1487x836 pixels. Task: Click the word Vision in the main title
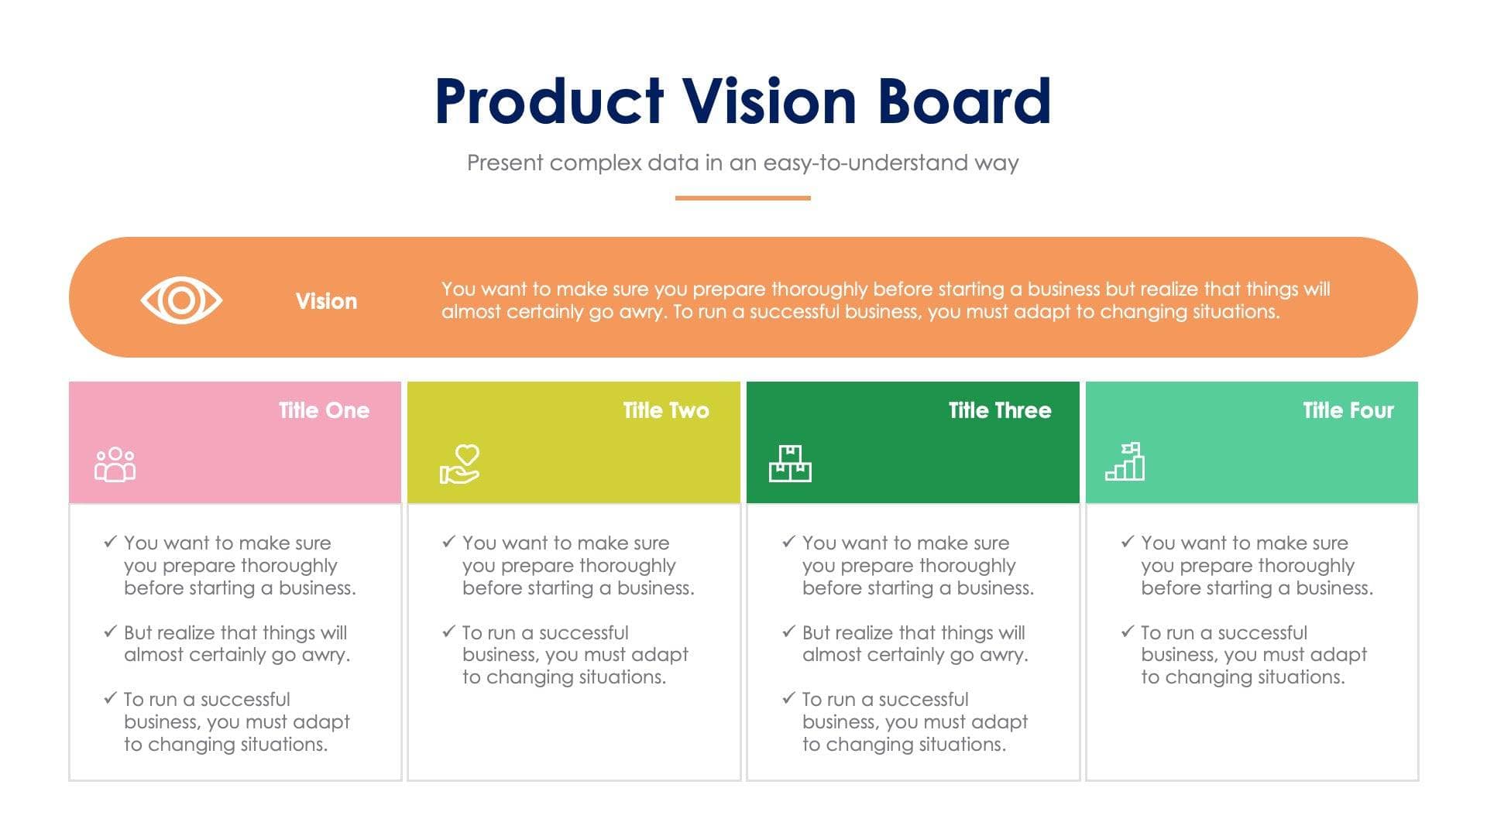click(x=768, y=102)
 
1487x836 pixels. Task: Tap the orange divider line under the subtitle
click(x=742, y=198)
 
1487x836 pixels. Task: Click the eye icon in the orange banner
click(x=181, y=300)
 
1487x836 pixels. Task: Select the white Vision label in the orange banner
click(x=326, y=301)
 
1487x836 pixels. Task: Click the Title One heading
click(x=324, y=410)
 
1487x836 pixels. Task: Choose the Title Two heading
click(x=665, y=410)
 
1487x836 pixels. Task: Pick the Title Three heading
click(x=999, y=410)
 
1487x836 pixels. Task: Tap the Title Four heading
click(x=1348, y=410)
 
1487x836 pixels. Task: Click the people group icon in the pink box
click(x=115, y=464)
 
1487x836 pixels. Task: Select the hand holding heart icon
click(x=460, y=464)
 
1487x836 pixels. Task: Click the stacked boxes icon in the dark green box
click(x=790, y=464)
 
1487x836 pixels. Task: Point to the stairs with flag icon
click(x=1125, y=462)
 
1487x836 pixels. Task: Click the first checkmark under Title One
click(x=110, y=542)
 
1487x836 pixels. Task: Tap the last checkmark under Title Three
click(x=788, y=698)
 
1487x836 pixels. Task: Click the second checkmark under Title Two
click(x=448, y=632)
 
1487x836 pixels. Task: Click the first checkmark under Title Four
click(x=1128, y=542)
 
